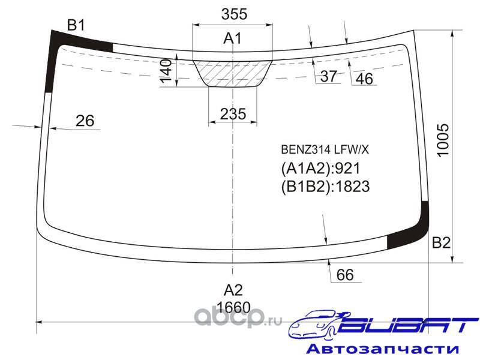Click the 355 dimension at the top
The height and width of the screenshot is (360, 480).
234,14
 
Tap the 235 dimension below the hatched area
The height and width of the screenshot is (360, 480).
233,114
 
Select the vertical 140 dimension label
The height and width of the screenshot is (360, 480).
166,71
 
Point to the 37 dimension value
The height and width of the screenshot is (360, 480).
328,76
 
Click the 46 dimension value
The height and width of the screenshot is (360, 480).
364,79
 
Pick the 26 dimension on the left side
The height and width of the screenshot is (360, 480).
85,121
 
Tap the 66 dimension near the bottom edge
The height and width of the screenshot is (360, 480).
345,275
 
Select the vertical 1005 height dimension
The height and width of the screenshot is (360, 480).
443,140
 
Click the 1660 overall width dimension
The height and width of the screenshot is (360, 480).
233,307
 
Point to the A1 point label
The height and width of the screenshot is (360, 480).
232,38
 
